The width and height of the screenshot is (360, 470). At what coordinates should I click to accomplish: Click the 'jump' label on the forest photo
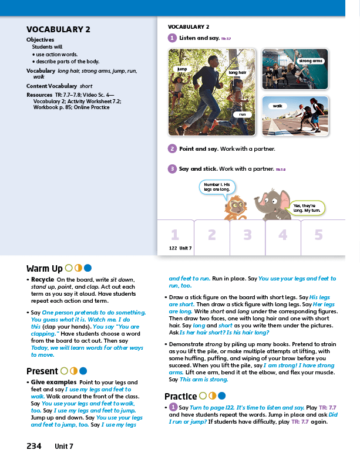pyautogui.click(x=181, y=69)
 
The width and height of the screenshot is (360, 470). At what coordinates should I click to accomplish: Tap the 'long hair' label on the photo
pyautogui.click(x=237, y=72)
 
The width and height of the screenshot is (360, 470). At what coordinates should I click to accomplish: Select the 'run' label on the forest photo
pyautogui.click(x=241, y=114)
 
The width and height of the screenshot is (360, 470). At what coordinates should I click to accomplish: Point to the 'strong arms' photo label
pyautogui.click(x=311, y=61)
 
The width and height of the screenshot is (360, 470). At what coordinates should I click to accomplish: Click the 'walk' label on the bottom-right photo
pyautogui.click(x=278, y=106)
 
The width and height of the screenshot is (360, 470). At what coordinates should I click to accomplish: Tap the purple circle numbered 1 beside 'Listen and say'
pyautogui.click(x=172, y=38)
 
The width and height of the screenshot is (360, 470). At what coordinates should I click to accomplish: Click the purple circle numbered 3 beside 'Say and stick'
pyautogui.click(x=172, y=169)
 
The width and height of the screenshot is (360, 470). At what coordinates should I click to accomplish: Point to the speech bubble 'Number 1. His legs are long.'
pyautogui.click(x=217, y=187)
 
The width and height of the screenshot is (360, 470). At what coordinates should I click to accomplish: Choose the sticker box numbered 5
pyautogui.click(x=319, y=235)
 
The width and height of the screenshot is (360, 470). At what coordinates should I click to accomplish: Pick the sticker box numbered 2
pyautogui.click(x=211, y=235)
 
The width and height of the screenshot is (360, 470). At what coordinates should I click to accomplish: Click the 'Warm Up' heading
pyautogui.click(x=45, y=269)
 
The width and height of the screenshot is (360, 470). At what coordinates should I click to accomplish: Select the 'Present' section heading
pyautogui.click(x=42, y=371)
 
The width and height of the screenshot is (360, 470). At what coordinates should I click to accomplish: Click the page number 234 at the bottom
pyautogui.click(x=34, y=446)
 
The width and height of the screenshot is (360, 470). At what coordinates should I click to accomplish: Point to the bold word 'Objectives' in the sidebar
pyautogui.click(x=41, y=40)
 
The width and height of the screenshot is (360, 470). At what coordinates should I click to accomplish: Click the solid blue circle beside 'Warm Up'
pyautogui.click(x=87, y=269)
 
